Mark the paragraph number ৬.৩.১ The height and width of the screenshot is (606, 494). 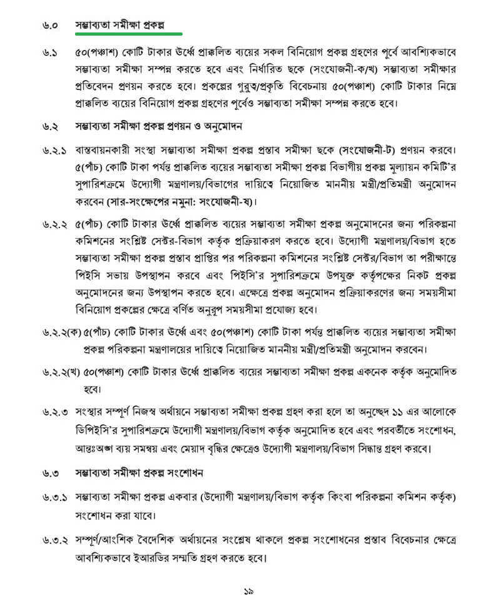click(x=53, y=498)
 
